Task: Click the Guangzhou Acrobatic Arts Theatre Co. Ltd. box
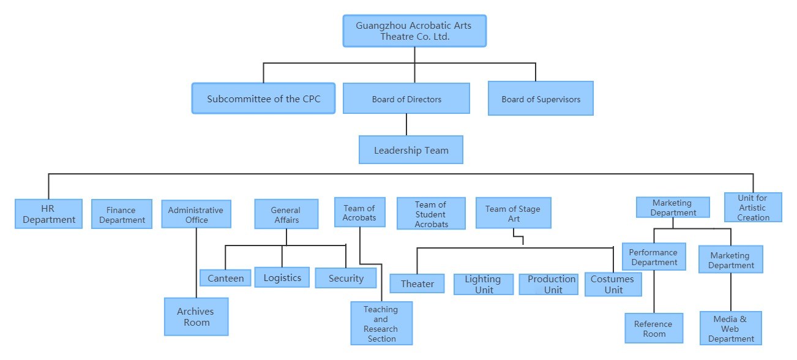[414, 31]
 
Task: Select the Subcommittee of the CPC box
[263, 99]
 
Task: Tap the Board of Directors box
[406, 99]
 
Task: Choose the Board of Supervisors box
[541, 99]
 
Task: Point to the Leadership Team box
[411, 150]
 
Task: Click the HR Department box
[48, 214]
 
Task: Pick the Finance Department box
[122, 214]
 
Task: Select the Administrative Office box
[196, 214]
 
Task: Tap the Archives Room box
[196, 317]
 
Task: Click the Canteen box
[225, 278]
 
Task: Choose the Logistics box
[282, 277]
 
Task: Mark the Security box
[346, 278]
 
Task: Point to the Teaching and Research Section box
[381, 323]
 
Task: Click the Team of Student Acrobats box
[431, 214]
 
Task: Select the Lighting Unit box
[483, 284]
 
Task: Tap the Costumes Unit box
[613, 284]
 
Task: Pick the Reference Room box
[654, 328]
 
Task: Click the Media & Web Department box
[731, 328]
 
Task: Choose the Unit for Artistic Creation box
[753, 208]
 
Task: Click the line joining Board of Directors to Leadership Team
[406, 125]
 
